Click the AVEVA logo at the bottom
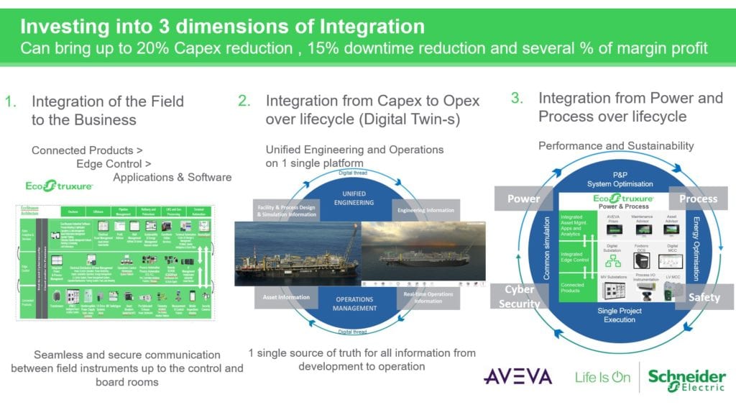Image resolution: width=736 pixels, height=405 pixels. point(518,377)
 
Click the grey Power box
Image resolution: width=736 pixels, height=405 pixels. point(525,199)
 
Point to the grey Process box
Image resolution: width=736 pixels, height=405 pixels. point(698,199)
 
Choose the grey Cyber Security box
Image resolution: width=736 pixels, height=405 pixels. point(519,296)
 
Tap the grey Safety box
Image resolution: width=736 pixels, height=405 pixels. point(704,296)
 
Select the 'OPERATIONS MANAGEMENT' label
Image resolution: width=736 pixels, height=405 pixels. point(354,304)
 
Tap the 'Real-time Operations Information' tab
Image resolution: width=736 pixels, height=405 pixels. point(428,296)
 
